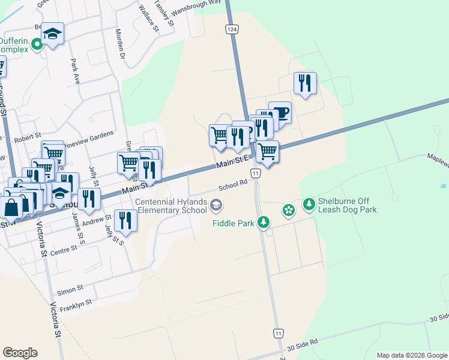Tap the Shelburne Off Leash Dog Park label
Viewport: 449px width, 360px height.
(348, 205)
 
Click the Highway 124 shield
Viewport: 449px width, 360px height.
(231, 29)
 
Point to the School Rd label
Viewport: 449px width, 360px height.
(233, 187)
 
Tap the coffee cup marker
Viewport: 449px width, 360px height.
(280, 112)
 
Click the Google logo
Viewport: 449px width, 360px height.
(20, 352)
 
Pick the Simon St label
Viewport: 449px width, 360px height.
(70, 291)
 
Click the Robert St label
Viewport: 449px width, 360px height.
(28, 138)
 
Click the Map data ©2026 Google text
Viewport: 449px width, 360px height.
(412, 355)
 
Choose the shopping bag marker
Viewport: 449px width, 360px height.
(11, 207)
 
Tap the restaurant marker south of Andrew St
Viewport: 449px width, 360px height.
(125, 221)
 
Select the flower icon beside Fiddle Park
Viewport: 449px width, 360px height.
(289, 209)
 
